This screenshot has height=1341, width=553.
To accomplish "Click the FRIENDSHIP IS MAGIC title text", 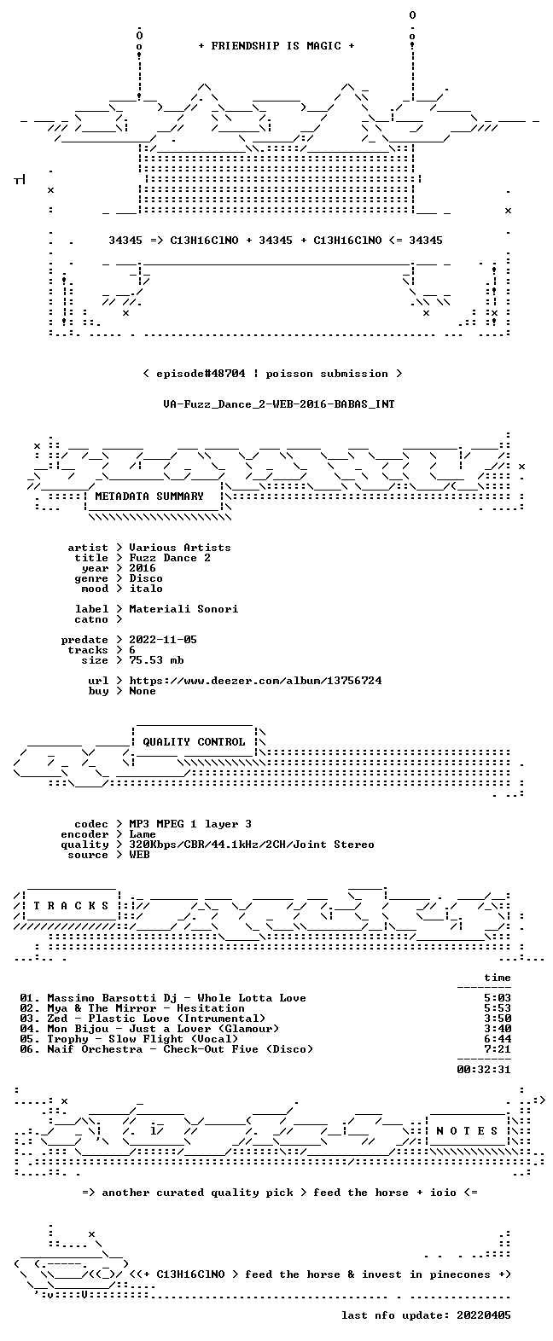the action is [x=276, y=46].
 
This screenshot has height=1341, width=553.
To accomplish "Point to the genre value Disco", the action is [x=146, y=578].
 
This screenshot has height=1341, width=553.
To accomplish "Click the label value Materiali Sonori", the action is [x=183, y=609].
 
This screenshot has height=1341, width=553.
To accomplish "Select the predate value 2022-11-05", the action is [x=163, y=640].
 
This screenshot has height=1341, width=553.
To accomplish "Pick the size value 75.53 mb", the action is [x=156, y=660].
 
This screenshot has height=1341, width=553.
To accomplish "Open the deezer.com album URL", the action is [x=255, y=681].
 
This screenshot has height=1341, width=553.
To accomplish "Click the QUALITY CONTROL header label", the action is [x=194, y=742].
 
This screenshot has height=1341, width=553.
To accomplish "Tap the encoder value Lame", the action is [x=143, y=834].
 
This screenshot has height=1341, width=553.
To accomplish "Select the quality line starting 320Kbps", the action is [x=252, y=845].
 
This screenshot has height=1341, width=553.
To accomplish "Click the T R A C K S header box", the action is [x=72, y=906].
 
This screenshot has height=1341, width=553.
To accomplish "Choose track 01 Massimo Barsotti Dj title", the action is [x=177, y=998].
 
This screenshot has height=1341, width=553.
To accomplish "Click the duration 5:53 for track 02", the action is [x=498, y=1008].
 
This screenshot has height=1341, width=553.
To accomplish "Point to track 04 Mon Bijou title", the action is [x=163, y=1029].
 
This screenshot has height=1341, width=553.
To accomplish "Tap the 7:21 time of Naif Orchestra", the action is [x=498, y=1049].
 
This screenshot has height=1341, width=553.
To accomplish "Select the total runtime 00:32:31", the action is [x=484, y=1070].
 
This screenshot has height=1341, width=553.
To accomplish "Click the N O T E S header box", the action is [x=468, y=1131].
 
